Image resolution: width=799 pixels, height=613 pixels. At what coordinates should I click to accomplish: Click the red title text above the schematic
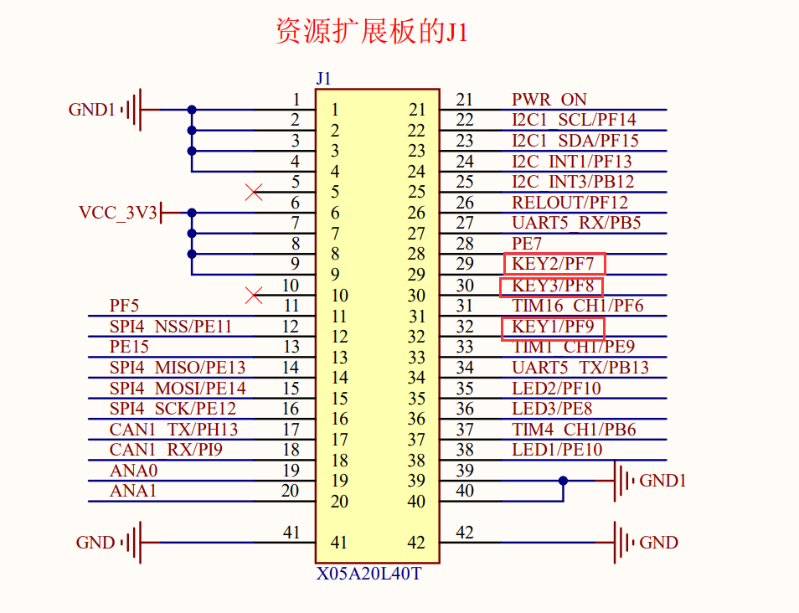coord(372,32)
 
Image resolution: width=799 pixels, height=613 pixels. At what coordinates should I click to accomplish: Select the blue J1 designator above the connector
coord(324,79)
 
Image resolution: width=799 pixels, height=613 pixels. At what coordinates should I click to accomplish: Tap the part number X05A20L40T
coord(369,575)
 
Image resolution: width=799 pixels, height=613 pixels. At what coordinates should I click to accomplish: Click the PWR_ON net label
coord(549,100)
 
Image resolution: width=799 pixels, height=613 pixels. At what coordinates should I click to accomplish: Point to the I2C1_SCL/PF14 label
coord(574,120)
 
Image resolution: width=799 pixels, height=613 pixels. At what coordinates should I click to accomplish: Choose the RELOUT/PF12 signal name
coord(570,202)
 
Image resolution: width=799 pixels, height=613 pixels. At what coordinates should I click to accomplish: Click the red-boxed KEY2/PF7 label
coord(554,264)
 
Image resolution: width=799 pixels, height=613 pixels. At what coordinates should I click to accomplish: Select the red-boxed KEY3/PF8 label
coord(552,286)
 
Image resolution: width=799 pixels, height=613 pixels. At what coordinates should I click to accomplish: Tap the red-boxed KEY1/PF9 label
coord(553,327)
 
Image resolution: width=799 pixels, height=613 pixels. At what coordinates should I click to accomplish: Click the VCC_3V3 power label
coord(118,213)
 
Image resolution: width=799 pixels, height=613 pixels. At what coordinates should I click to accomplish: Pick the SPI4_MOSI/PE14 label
coord(178,389)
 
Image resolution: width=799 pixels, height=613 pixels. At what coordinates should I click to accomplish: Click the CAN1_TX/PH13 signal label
coord(173,430)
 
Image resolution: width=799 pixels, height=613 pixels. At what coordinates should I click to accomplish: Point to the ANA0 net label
coord(133,471)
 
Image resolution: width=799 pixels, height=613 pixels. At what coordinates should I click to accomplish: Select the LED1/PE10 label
coord(557,450)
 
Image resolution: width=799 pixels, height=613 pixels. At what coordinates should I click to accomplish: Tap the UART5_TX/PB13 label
coord(580,368)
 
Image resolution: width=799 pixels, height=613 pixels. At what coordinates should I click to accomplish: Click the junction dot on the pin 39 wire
coord(563,481)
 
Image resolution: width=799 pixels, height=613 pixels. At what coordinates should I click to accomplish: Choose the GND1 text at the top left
coord(91,110)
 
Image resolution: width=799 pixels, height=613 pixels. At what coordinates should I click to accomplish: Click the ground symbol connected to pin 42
coord(623,543)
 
